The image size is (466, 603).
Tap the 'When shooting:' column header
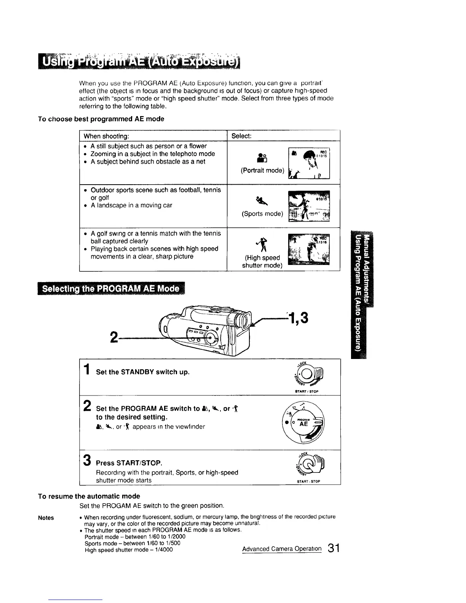[x=106, y=136]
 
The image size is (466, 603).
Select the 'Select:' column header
[x=241, y=136]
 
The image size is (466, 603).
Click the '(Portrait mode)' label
[x=262, y=171]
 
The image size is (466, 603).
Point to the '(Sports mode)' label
[x=262, y=214]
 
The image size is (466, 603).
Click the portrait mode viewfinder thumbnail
[x=309, y=163]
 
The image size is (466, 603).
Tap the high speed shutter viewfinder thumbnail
[x=309, y=249]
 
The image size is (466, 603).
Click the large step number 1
[x=87, y=370]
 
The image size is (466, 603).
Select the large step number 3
[x=87, y=460]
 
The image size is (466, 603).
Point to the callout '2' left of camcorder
[x=113, y=337]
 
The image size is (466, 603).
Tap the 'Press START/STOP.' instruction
[x=129, y=463]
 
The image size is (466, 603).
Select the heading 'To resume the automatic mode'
[x=89, y=496]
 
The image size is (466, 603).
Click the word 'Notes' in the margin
[x=46, y=518]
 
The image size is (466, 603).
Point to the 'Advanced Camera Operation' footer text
[x=282, y=549]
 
